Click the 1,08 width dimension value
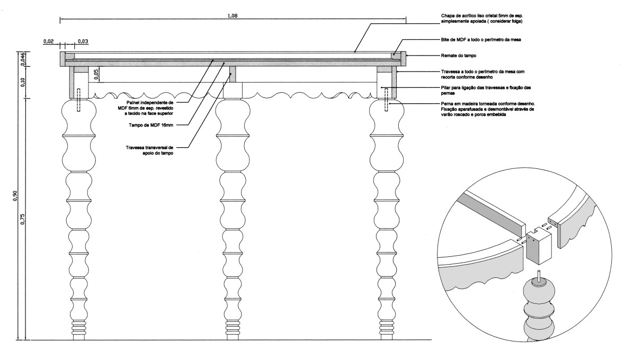click(x=233, y=16)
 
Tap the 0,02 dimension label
click(x=49, y=40)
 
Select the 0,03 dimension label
click(x=84, y=40)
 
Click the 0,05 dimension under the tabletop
click(x=95, y=74)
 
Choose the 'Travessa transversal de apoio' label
click(x=151, y=150)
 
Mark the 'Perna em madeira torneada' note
click(x=487, y=110)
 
